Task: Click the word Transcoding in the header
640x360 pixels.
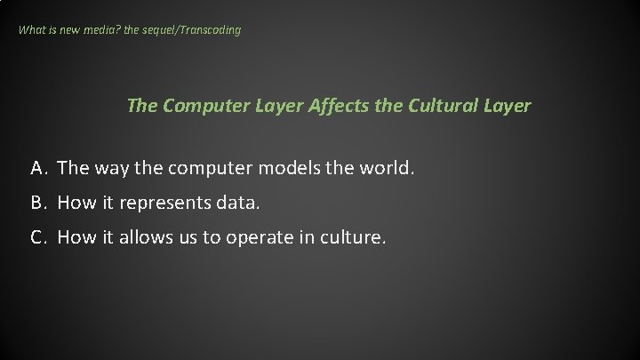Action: (209, 30)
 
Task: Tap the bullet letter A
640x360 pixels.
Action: (37, 168)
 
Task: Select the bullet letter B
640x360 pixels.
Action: (37, 204)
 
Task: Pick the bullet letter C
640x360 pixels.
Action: (37, 239)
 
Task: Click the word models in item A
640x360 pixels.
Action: (282, 168)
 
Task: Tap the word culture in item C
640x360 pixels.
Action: (353, 239)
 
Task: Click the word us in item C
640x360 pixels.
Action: (196, 239)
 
